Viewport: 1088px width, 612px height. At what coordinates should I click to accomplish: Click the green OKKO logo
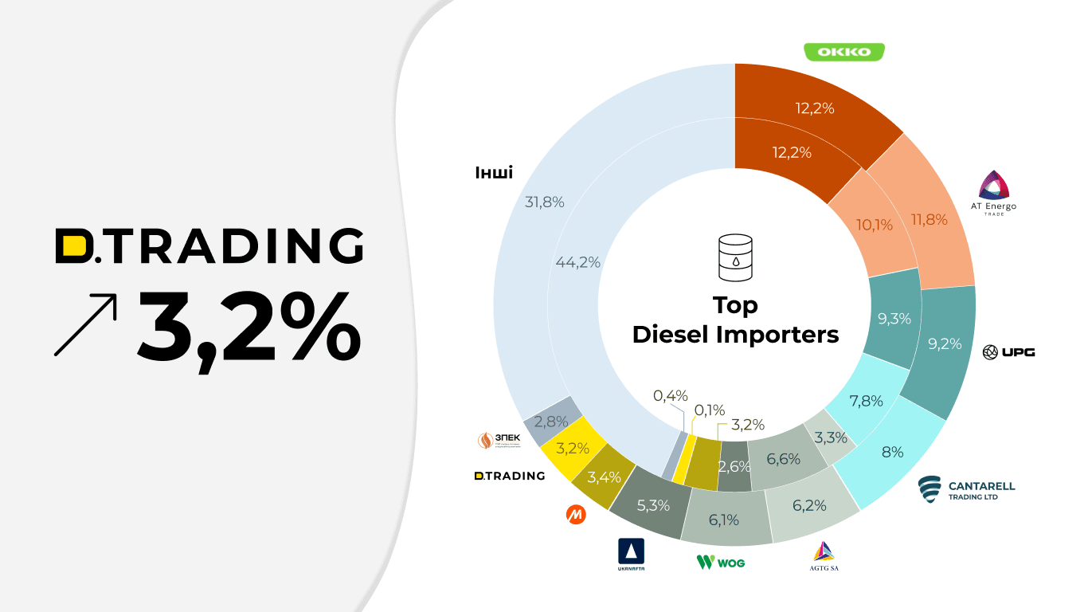coord(844,53)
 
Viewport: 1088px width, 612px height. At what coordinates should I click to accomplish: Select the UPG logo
coord(1008,351)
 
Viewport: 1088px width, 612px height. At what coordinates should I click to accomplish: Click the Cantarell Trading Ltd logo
coord(966,488)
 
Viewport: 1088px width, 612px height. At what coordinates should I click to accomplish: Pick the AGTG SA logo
coord(824,555)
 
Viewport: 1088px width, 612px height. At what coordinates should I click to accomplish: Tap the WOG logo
coord(721,562)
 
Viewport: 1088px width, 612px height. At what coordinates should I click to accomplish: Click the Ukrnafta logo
coord(632,555)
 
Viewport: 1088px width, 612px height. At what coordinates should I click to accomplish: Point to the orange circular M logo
coord(576,515)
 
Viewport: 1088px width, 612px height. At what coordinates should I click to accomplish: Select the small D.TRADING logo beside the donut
coord(510,476)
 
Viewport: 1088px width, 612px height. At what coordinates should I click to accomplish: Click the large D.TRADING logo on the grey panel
coord(209,246)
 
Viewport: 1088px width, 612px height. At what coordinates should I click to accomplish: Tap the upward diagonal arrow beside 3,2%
coord(85,324)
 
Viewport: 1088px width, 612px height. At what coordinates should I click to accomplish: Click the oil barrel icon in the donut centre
coord(734,257)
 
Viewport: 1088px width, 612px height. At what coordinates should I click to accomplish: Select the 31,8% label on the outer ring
coord(545,202)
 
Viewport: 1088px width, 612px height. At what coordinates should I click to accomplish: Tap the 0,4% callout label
coord(670,396)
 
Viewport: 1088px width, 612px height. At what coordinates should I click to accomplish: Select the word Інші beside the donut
coord(494,173)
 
